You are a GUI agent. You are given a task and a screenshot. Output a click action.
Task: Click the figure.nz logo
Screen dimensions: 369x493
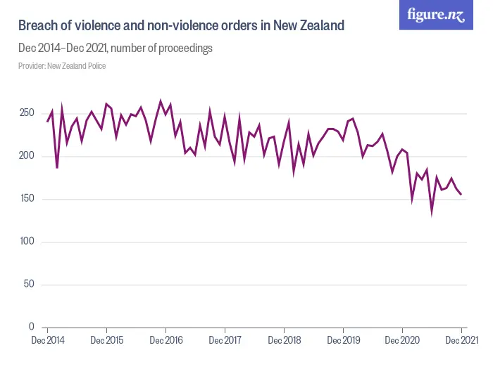pyautogui.click(x=436, y=15)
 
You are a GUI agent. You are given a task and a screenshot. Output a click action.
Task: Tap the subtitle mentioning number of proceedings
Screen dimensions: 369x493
pyautogui.click(x=116, y=48)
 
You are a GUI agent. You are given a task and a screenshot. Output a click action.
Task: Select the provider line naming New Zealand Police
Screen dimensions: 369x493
pyautogui.click(x=62, y=66)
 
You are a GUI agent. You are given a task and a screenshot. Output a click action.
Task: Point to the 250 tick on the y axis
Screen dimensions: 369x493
pyautogui.click(x=27, y=114)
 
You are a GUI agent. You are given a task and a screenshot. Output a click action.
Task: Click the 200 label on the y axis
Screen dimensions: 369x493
pyautogui.click(x=27, y=156)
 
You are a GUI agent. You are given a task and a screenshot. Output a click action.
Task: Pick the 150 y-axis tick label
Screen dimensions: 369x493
pyautogui.click(x=27, y=199)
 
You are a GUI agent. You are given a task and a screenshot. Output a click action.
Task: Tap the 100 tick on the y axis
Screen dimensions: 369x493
pyautogui.click(x=27, y=242)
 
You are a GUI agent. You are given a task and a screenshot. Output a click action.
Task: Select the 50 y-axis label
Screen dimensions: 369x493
pyautogui.click(x=29, y=285)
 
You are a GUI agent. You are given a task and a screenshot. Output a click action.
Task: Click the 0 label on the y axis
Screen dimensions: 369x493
pyautogui.click(x=32, y=327)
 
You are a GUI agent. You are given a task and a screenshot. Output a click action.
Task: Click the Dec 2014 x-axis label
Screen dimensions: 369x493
pyautogui.click(x=47, y=341)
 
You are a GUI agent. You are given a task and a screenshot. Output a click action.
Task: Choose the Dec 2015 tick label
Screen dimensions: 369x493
pyautogui.click(x=106, y=341)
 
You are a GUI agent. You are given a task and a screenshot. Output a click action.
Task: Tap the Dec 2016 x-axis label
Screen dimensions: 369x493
pyautogui.click(x=166, y=341)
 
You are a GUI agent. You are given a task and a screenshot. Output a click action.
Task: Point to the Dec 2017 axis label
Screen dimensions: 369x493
pyautogui.click(x=225, y=341)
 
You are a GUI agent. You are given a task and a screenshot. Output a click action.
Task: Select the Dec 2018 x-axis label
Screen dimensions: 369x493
pyautogui.click(x=284, y=341)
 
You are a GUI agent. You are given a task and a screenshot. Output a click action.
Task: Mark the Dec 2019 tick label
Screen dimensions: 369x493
pyautogui.click(x=343, y=341)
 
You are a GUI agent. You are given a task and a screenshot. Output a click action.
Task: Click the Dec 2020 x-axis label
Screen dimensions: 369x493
pyautogui.click(x=402, y=341)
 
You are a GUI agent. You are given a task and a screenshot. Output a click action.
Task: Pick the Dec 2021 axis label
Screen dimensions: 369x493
pyautogui.click(x=461, y=341)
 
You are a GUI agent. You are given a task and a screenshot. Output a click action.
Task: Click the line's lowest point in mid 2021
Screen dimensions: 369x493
pyautogui.click(x=432, y=213)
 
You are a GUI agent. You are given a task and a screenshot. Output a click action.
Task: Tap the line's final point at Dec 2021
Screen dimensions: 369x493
pyautogui.click(x=461, y=195)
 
